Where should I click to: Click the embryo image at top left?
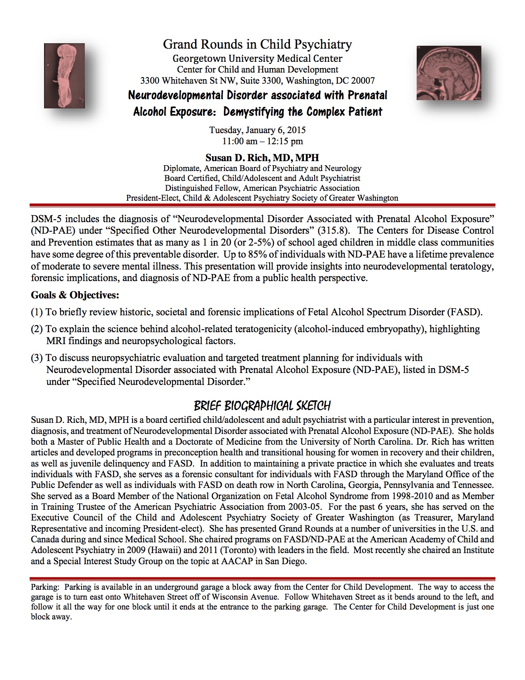(64, 76)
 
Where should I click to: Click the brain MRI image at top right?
(449, 73)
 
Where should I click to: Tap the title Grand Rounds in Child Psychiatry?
(257, 44)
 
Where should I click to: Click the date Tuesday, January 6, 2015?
(257, 130)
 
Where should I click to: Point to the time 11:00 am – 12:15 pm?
(263, 141)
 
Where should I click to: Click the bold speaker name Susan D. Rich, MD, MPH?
(262, 157)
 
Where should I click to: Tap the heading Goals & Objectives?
(75, 295)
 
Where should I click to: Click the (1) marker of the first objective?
(37, 312)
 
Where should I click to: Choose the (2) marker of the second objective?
(37, 329)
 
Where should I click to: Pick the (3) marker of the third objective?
(37, 358)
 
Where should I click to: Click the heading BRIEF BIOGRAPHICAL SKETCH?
(262, 406)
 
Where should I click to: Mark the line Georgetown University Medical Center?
(257, 59)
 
